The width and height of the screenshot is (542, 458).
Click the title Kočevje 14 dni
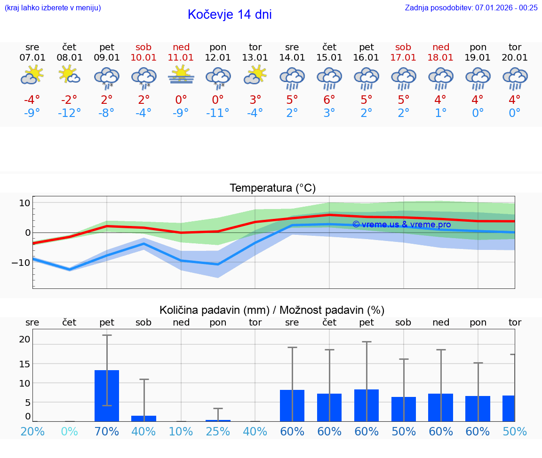tap(230, 15)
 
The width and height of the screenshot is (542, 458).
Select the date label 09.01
tap(107, 58)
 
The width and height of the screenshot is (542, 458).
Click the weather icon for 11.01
tap(181, 76)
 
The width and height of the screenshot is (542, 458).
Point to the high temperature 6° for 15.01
tap(329, 100)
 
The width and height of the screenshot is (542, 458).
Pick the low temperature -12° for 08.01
tap(69, 113)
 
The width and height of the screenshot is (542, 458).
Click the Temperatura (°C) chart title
tap(272, 188)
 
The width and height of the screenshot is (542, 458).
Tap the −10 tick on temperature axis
tap(21, 262)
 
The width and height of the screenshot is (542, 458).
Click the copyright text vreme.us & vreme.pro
tap(401, 225)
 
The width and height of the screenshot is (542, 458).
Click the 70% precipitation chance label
tap(107, 432)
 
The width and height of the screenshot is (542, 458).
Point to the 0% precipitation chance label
tap(69, 432)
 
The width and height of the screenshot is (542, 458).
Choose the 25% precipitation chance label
tap(218, 432)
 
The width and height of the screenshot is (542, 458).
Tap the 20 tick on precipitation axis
tap(24, 339)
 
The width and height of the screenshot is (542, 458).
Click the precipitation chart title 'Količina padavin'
tap(272, 310)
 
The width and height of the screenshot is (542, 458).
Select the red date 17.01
tap(403, 58)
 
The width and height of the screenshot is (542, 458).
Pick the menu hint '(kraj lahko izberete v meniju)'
tap(53, 8)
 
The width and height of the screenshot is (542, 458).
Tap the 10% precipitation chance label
tap(181, 432)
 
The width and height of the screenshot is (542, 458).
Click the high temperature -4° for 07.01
tap(32, 100)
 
